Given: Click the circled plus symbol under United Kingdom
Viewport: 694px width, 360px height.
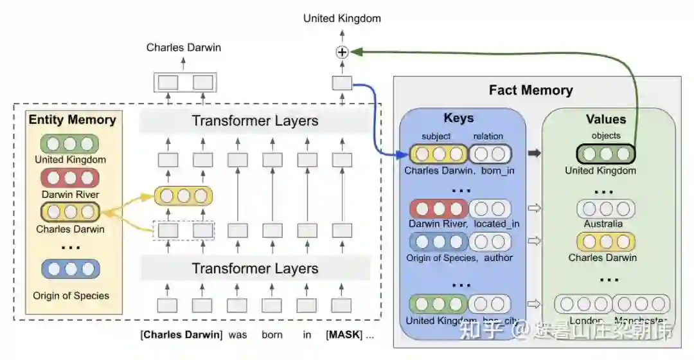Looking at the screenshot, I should tap(342, 53).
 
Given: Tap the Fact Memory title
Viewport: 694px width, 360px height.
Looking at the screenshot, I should tap(530, 90).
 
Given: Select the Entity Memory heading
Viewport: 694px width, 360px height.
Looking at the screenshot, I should tap(72, 120).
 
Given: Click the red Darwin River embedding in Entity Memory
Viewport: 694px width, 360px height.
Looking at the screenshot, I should tap(70, 177).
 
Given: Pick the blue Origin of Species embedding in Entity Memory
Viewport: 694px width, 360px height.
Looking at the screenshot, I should tap(71, 269).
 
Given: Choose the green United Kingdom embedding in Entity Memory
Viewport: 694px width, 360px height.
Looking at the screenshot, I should tap(70, 143).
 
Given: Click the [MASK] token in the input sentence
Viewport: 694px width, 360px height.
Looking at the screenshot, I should tap(344, 335).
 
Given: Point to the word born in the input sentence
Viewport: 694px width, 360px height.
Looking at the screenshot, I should tap(272, 335).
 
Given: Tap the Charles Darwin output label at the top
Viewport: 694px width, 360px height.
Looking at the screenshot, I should tap(183, 48).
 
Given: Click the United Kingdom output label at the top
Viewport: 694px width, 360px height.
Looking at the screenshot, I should tap(342, 19).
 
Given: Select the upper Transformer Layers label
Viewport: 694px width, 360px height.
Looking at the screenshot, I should tap(254, 121).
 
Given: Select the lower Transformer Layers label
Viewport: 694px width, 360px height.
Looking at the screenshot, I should tap(254, 268).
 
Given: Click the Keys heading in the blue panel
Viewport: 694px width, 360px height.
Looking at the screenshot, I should tap(458, 118).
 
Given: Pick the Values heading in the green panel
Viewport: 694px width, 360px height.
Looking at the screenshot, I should tap(605, 120).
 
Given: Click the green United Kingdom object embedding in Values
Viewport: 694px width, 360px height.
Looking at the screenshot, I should tap(606, 154).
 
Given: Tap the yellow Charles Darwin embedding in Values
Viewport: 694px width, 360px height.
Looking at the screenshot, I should tap(606, 241).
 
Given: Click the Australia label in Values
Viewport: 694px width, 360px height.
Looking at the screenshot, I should tap(603, 224).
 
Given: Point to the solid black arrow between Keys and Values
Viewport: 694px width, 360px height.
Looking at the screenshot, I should tap(534, 154).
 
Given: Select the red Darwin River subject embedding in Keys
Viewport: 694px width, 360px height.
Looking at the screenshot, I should tap(440, 208).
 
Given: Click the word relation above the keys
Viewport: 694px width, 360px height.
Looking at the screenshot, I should tap(488, 136).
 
